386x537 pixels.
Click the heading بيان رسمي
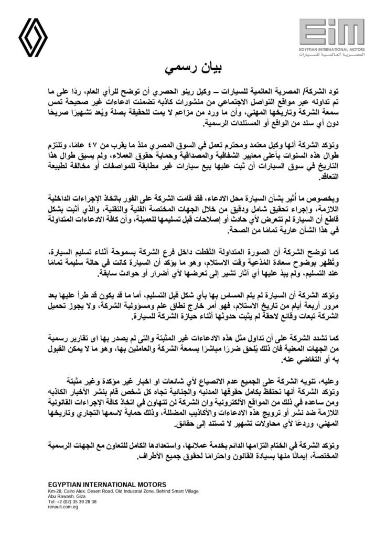click(193, 69)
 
